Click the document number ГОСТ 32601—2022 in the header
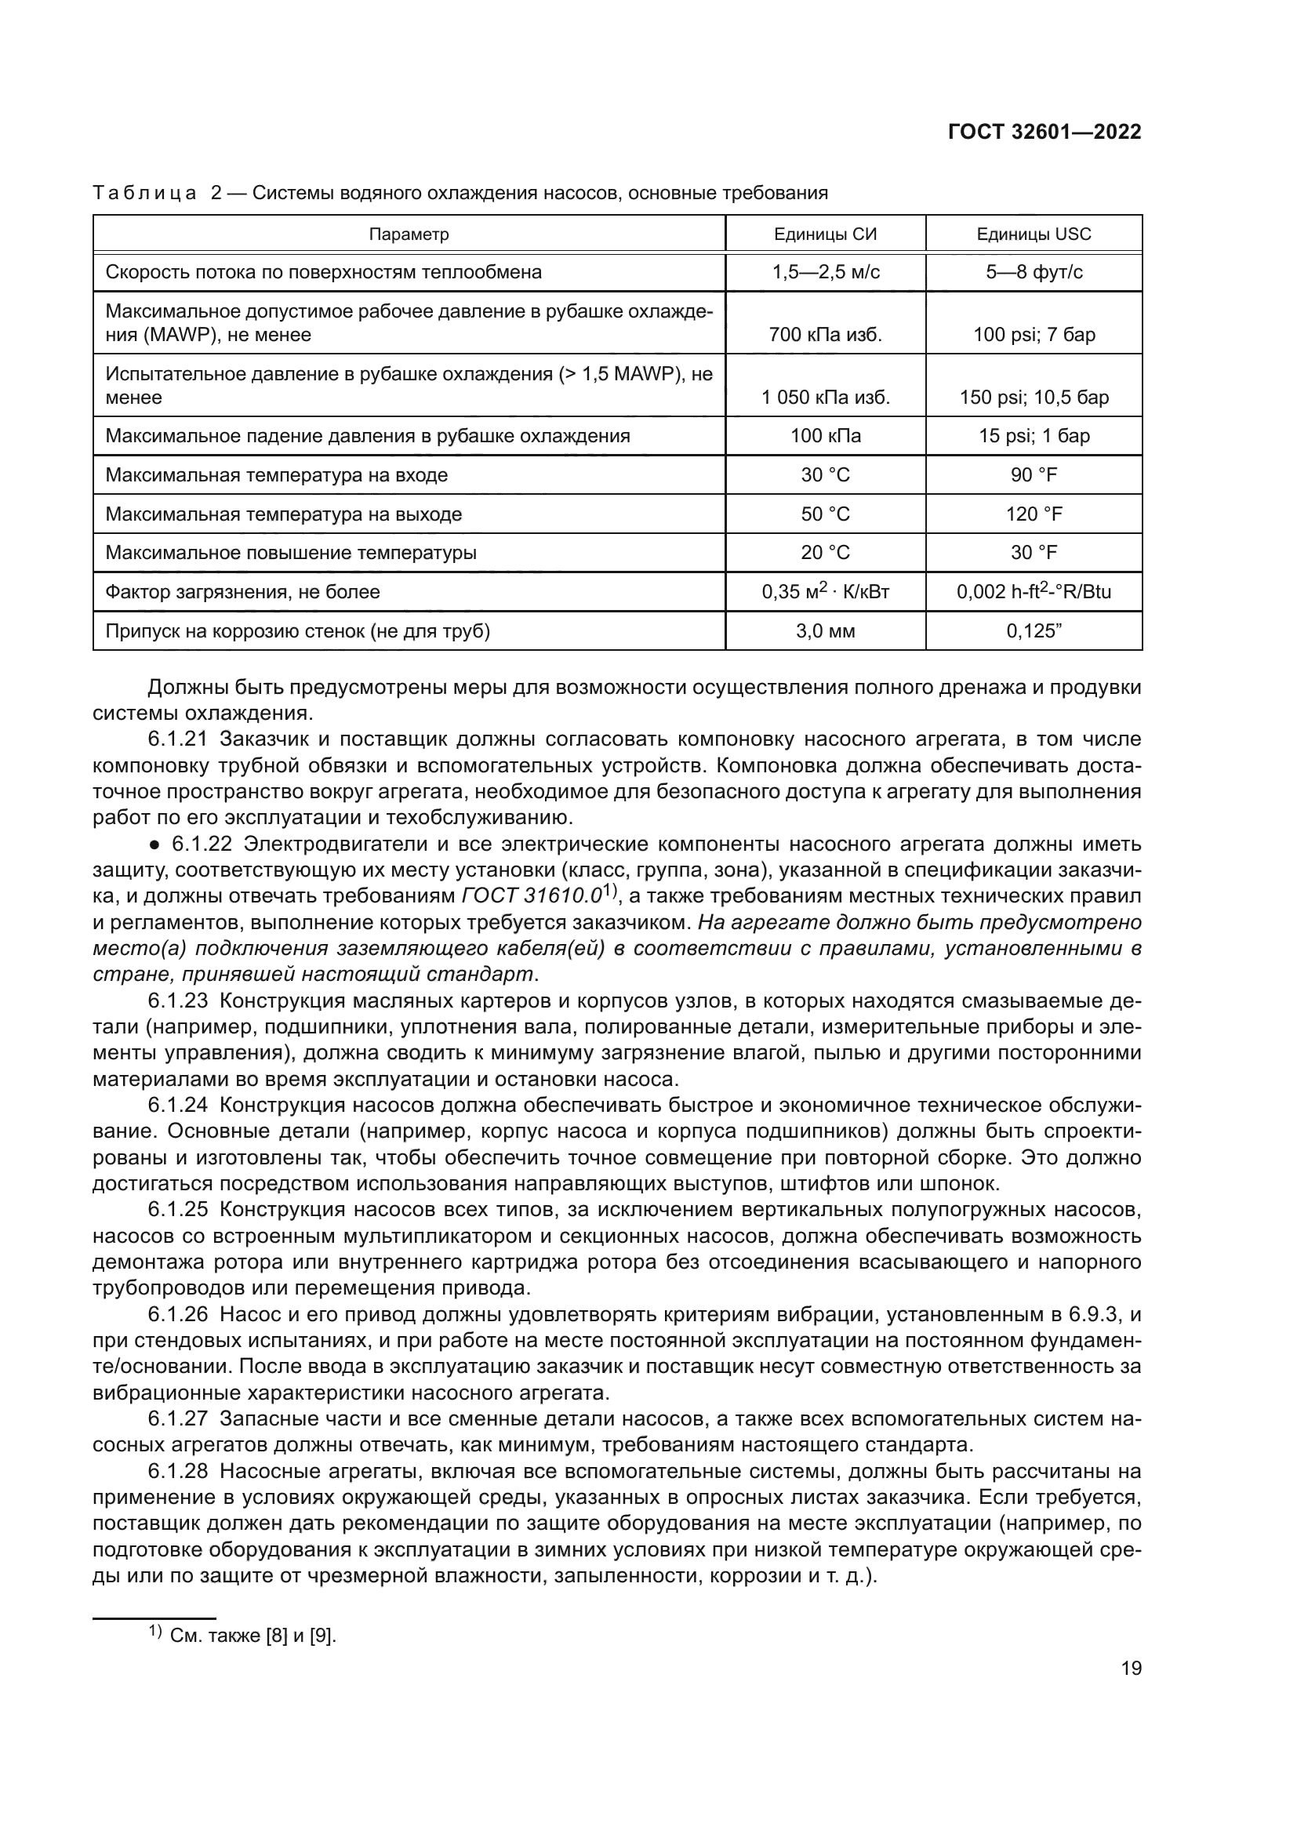(1044, 133)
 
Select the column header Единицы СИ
(825, 234)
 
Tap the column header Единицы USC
(1034, 234)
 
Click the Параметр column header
(409, 234)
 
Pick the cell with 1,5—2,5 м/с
(825, 272)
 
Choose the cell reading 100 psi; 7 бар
(1034, 335)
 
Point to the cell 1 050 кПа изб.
(825, 397)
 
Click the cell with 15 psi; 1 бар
(1034, 436)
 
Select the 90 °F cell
(1034, 475)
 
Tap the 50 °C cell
(825, 514)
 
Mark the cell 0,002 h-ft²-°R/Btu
(1034, 592)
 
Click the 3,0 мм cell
(825, 631)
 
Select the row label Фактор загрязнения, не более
(243, 592)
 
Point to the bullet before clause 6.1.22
(156, 845)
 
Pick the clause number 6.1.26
(178, 1314)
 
